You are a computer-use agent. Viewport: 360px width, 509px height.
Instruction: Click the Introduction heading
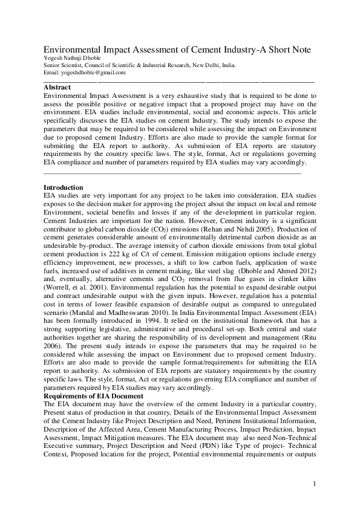click(x=64, y=188)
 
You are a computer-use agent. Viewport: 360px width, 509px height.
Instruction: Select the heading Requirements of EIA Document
click(x=94, y=396)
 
